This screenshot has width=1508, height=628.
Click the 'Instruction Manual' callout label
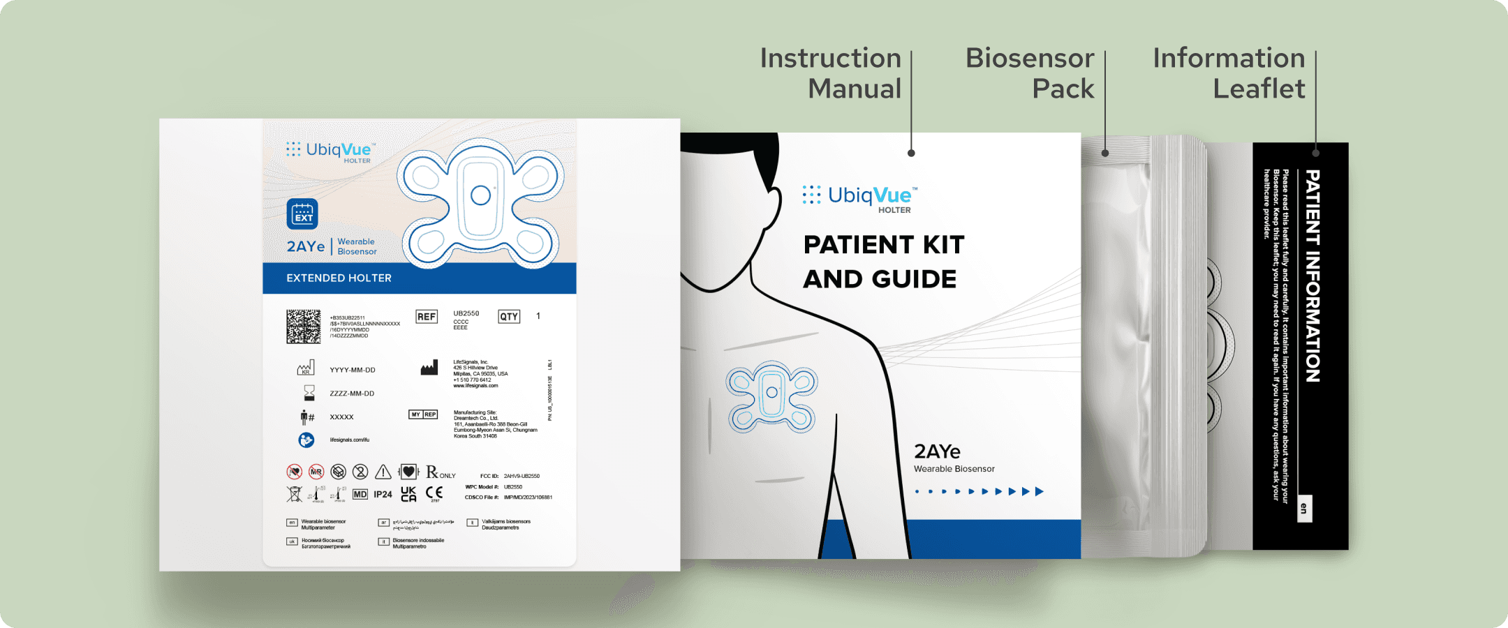tap(831, 73)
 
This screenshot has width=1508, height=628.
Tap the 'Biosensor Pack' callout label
tap(1030, 73)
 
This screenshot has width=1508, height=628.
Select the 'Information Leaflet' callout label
tap(1229, 73)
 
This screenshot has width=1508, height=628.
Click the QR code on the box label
tap(303, 327)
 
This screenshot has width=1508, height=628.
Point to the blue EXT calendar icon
tap(302, 214)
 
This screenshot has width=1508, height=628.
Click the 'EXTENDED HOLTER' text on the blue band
tap(339, 278)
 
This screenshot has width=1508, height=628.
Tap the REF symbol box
tap(427, 317)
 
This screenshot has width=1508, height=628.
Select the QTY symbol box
tap(509, 317)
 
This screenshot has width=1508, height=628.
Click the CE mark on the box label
tap(434, 493)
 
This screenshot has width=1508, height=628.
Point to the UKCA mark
tap(408, 494)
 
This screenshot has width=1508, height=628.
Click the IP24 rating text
tap(383, 494)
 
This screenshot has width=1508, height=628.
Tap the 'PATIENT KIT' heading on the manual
tap(884, 245)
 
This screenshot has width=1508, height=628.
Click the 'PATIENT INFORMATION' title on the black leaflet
tap(1313, 276)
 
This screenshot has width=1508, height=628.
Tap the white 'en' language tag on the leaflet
tap(1303, 509)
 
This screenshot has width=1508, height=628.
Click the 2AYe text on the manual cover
tap(937, 451)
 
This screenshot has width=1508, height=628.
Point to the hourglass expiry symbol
tap(309, 393)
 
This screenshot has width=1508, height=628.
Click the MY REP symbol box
tap(423, 414)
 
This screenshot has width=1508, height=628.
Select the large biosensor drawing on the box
tap(481, 203)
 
